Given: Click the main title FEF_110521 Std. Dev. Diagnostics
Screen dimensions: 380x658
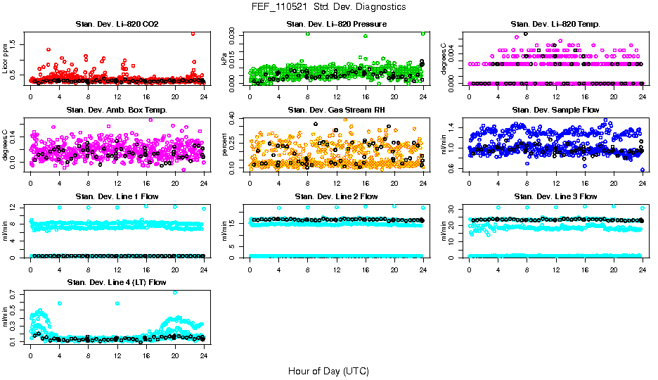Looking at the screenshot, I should click(x=328, y=7).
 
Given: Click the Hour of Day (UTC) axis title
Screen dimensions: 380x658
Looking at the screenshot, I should click(x=328, y=370).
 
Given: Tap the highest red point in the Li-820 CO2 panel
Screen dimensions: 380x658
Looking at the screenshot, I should click(x=193, y=34).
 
